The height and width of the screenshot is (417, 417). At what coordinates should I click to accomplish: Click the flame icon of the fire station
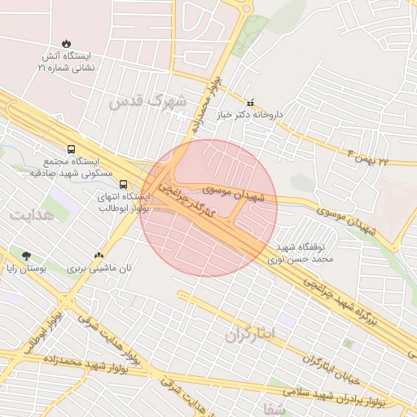(66, 43)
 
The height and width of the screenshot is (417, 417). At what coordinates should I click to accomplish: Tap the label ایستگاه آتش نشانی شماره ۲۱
(66, 64)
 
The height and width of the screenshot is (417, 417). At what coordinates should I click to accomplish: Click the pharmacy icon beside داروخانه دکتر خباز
(251, 103)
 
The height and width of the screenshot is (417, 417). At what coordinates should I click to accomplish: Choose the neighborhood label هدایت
(30, 214)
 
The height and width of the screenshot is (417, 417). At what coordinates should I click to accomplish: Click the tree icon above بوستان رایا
(27, 255)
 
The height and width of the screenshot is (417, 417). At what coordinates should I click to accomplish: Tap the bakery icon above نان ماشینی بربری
(99, 255)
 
